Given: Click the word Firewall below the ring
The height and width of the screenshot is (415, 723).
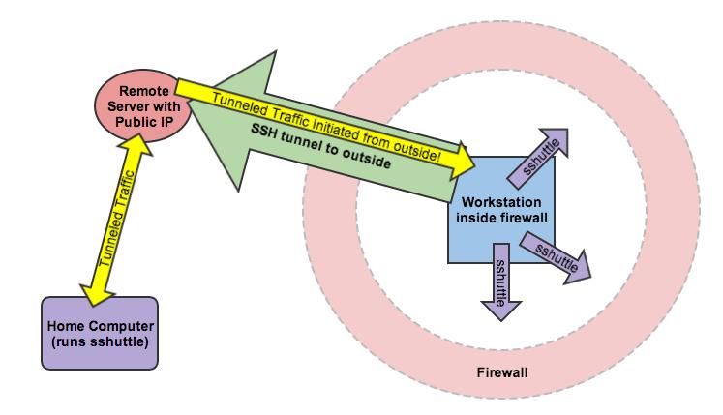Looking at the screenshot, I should coord(503,372).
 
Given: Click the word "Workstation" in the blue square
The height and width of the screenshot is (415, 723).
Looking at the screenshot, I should coord(501,204).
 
